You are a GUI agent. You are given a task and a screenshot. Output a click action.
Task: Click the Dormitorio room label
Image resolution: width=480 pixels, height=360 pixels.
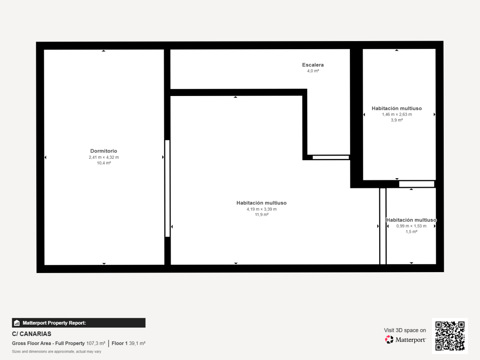point(103,151)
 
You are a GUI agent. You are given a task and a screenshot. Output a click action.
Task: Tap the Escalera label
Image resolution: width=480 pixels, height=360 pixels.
point(313,65)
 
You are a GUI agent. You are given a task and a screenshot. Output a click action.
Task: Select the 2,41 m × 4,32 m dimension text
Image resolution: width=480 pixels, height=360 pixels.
point(104,157)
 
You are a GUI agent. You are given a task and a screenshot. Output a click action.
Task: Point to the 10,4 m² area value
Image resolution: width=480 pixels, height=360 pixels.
point(104,163)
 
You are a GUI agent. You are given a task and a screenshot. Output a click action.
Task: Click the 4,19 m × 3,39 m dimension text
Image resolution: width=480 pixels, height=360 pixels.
point(262,209)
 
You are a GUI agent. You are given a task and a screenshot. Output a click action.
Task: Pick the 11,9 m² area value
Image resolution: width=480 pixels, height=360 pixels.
point(262,215)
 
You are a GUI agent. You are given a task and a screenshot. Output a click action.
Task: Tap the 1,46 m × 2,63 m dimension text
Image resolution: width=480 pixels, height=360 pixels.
point(397,114)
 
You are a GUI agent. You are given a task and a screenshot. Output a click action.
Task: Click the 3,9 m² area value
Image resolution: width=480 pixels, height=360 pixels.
point(397,120)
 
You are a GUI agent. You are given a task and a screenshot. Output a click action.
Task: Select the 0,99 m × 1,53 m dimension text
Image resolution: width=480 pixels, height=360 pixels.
point(411,226)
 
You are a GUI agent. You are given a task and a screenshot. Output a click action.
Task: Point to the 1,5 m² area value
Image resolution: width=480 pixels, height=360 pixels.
point(411,232)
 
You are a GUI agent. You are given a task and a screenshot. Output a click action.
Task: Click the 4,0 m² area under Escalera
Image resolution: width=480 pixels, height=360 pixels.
point(313,71)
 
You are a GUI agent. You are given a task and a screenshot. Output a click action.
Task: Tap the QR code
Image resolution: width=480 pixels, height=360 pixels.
point(450,336)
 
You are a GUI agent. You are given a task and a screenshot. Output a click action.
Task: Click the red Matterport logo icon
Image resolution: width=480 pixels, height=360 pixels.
point(389,340)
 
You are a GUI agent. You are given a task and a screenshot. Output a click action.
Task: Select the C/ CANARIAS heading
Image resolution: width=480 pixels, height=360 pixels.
point(32,334)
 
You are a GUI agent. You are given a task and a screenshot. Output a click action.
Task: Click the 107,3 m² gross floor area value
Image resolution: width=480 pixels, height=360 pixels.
point(96,343)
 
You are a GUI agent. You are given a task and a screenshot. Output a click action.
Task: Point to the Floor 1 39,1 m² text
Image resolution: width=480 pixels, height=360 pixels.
point(129,343)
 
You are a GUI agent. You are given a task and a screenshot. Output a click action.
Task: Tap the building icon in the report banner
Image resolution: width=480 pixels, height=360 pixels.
point(17,323)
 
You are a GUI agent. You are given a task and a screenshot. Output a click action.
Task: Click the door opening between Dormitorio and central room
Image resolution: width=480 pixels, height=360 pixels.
point(168,188)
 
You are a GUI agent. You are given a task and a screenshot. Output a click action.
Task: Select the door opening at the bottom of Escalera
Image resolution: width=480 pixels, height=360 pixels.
point(331,158)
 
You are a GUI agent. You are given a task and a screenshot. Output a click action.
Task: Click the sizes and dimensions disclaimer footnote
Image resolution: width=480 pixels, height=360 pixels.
point(57,351)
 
